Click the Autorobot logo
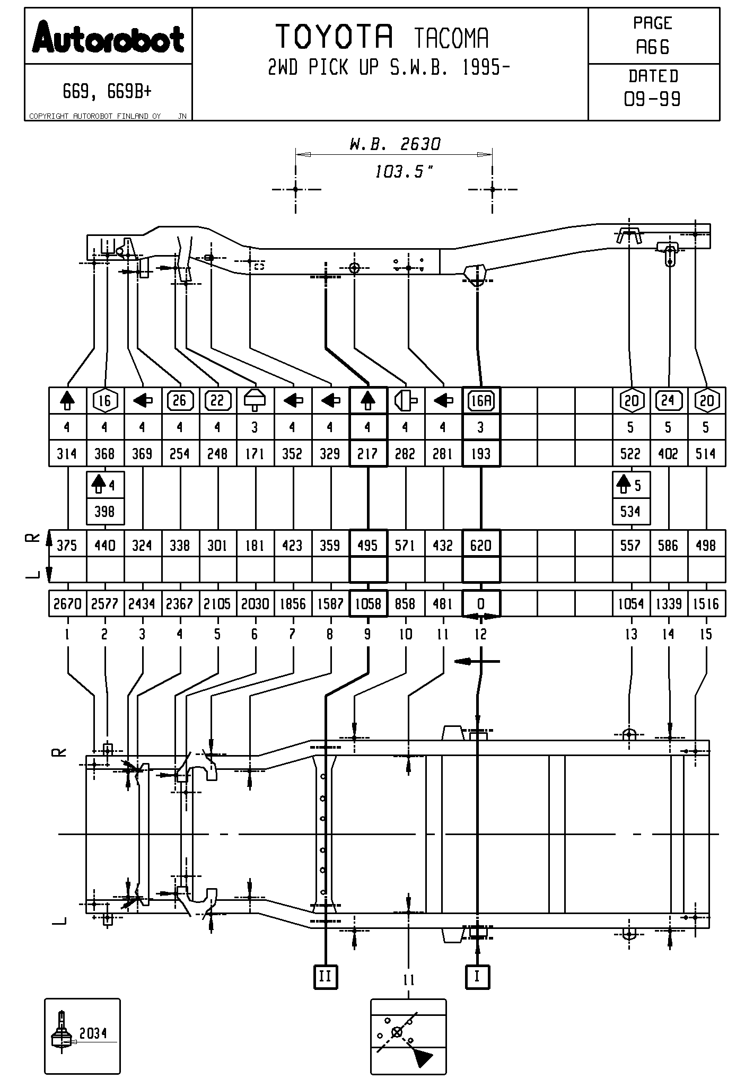tap(108, 38)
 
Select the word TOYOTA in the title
tap(335, 37)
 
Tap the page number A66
tap(653, 48)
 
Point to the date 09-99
tap(653, 99)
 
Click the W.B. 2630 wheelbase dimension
tap(395, 144)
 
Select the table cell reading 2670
tap(67, 604)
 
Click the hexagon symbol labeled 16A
tap(481, 401)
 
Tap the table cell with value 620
tap(481, 546)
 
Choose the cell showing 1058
tap(368, 604)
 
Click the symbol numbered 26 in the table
tap(180, 400)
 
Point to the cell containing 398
tap(105, 512)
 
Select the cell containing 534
tap(630, 512)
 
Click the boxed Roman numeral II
tap(325, 976)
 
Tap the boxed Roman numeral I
tap(477, 976)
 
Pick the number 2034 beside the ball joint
tap(93, 1033)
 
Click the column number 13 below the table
tap(631, 634)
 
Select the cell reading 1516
tap(706, 604)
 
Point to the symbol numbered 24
tap(668, 400)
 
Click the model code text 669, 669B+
tap(107, 92)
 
